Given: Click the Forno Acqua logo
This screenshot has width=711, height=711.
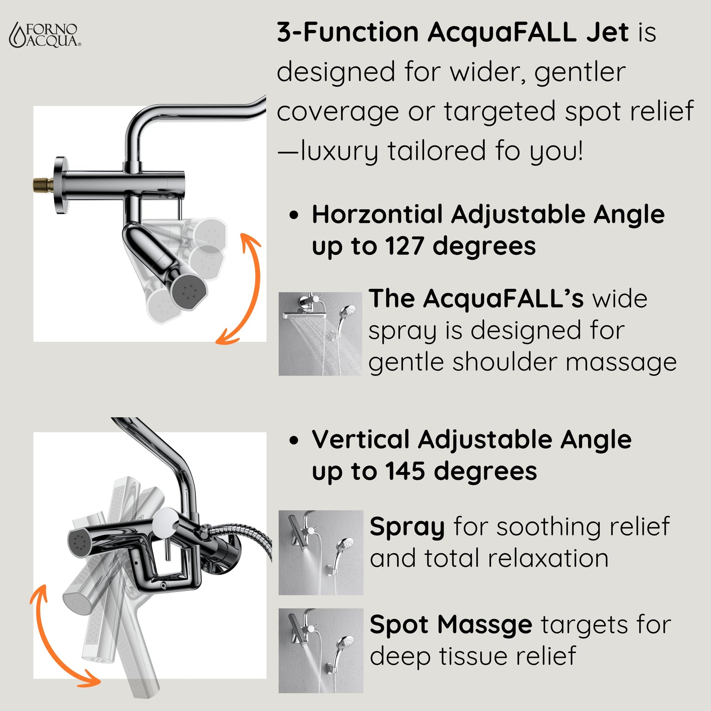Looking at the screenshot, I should (x=45, y=35).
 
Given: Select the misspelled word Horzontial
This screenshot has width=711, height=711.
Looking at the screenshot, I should (x=377, y=215).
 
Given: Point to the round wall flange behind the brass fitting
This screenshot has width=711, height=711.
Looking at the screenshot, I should (x=60, y=185).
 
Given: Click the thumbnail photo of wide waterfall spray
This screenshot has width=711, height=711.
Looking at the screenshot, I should (x=320, y=334).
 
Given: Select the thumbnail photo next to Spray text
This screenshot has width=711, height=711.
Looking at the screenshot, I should (x=320, y=552).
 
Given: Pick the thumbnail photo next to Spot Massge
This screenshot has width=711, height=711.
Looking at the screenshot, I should (x=320, y=650).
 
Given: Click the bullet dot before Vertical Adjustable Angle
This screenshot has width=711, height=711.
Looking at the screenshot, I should (x=294, y=440).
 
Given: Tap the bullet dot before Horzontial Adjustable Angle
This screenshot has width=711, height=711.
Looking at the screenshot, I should (x=294, y=215).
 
